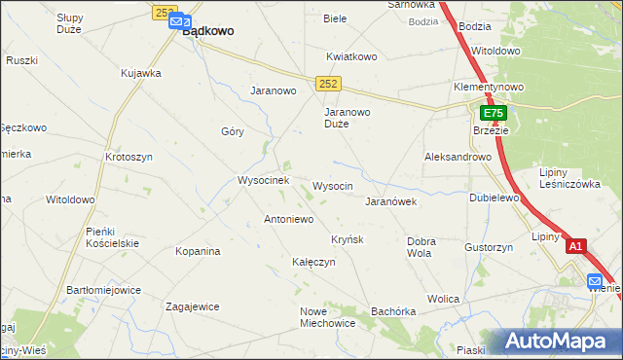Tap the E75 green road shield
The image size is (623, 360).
click(494, 114)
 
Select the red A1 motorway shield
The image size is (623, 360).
click(576, 247)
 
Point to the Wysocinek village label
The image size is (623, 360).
click(264, 181)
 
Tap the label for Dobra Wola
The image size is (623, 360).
click(421, 247)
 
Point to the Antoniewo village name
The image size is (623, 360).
click(288, 220)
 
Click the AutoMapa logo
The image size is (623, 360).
click(560, 342)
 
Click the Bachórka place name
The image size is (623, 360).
click(393, 311)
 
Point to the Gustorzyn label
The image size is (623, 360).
click(489, 248)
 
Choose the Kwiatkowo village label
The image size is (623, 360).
click(351, 56)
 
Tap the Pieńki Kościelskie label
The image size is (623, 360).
click(113, 236)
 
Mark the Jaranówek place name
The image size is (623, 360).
click(390, 202)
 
